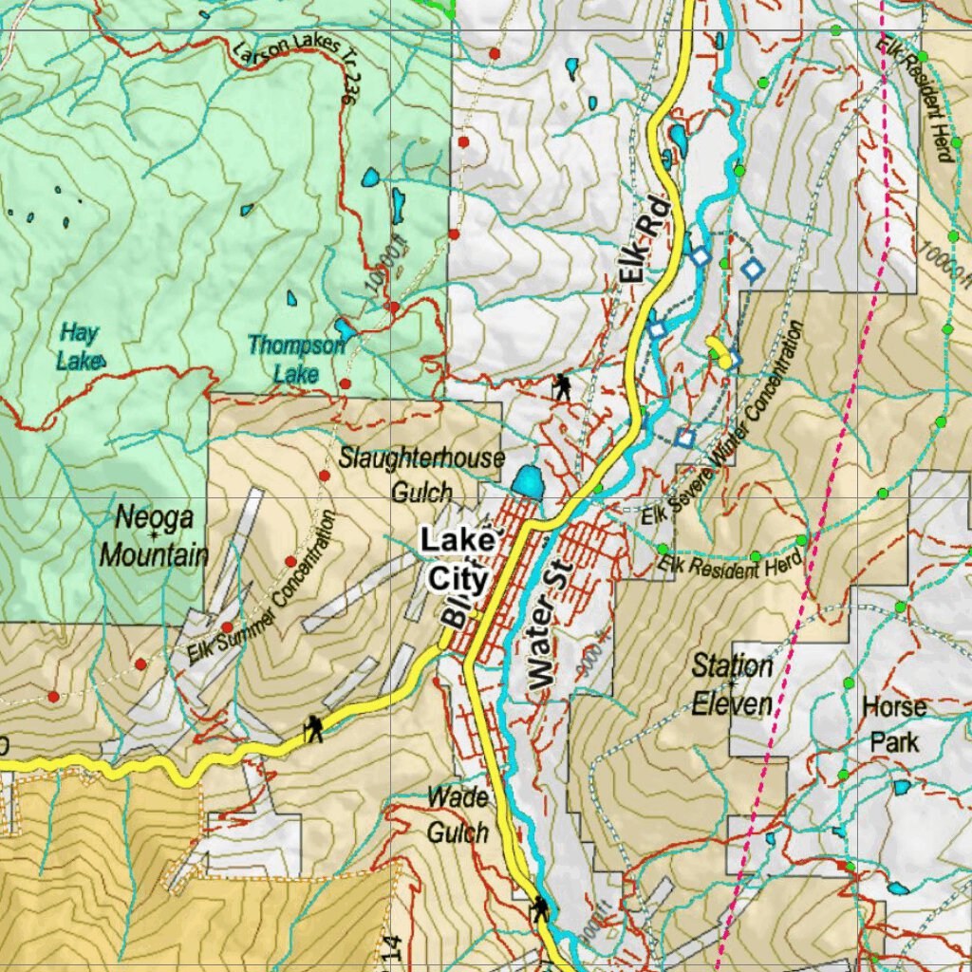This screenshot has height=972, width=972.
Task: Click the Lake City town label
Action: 458,560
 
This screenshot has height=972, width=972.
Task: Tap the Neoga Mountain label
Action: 154,536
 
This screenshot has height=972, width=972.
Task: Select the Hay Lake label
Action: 78,346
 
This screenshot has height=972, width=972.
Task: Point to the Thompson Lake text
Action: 296,359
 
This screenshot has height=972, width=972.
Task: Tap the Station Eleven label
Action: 732,683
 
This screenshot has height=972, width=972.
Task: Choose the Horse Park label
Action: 894,723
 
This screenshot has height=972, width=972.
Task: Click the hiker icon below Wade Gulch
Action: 540,908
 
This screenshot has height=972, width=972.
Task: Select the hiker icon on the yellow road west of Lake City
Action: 313,729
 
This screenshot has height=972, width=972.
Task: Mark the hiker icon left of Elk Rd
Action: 562,386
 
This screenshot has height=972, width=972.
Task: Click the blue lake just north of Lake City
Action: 527,481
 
